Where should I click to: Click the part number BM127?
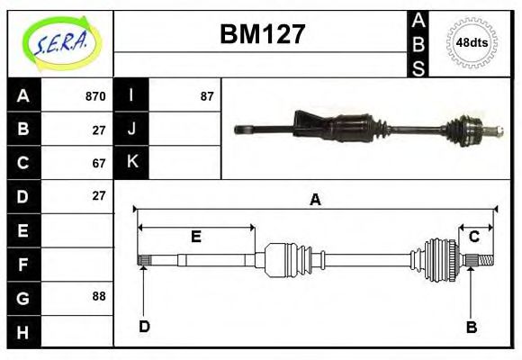(263, 34)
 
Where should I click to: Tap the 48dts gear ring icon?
(472, 42)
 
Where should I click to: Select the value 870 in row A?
(95, 96)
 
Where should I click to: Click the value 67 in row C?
(99, 163)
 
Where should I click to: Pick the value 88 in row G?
(99, 296)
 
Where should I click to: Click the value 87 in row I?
(206, 96)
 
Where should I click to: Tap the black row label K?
(132, 163)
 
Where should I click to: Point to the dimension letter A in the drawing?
(315, 200)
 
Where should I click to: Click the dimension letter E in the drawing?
(195, 237)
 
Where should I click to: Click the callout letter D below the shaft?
(144, 327)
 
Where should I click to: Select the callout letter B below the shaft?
(471, 327)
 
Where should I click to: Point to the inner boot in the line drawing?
(290, 260)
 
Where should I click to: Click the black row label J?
(132, 129)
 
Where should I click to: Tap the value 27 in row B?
(99, 130)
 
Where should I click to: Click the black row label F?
(23, 264)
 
